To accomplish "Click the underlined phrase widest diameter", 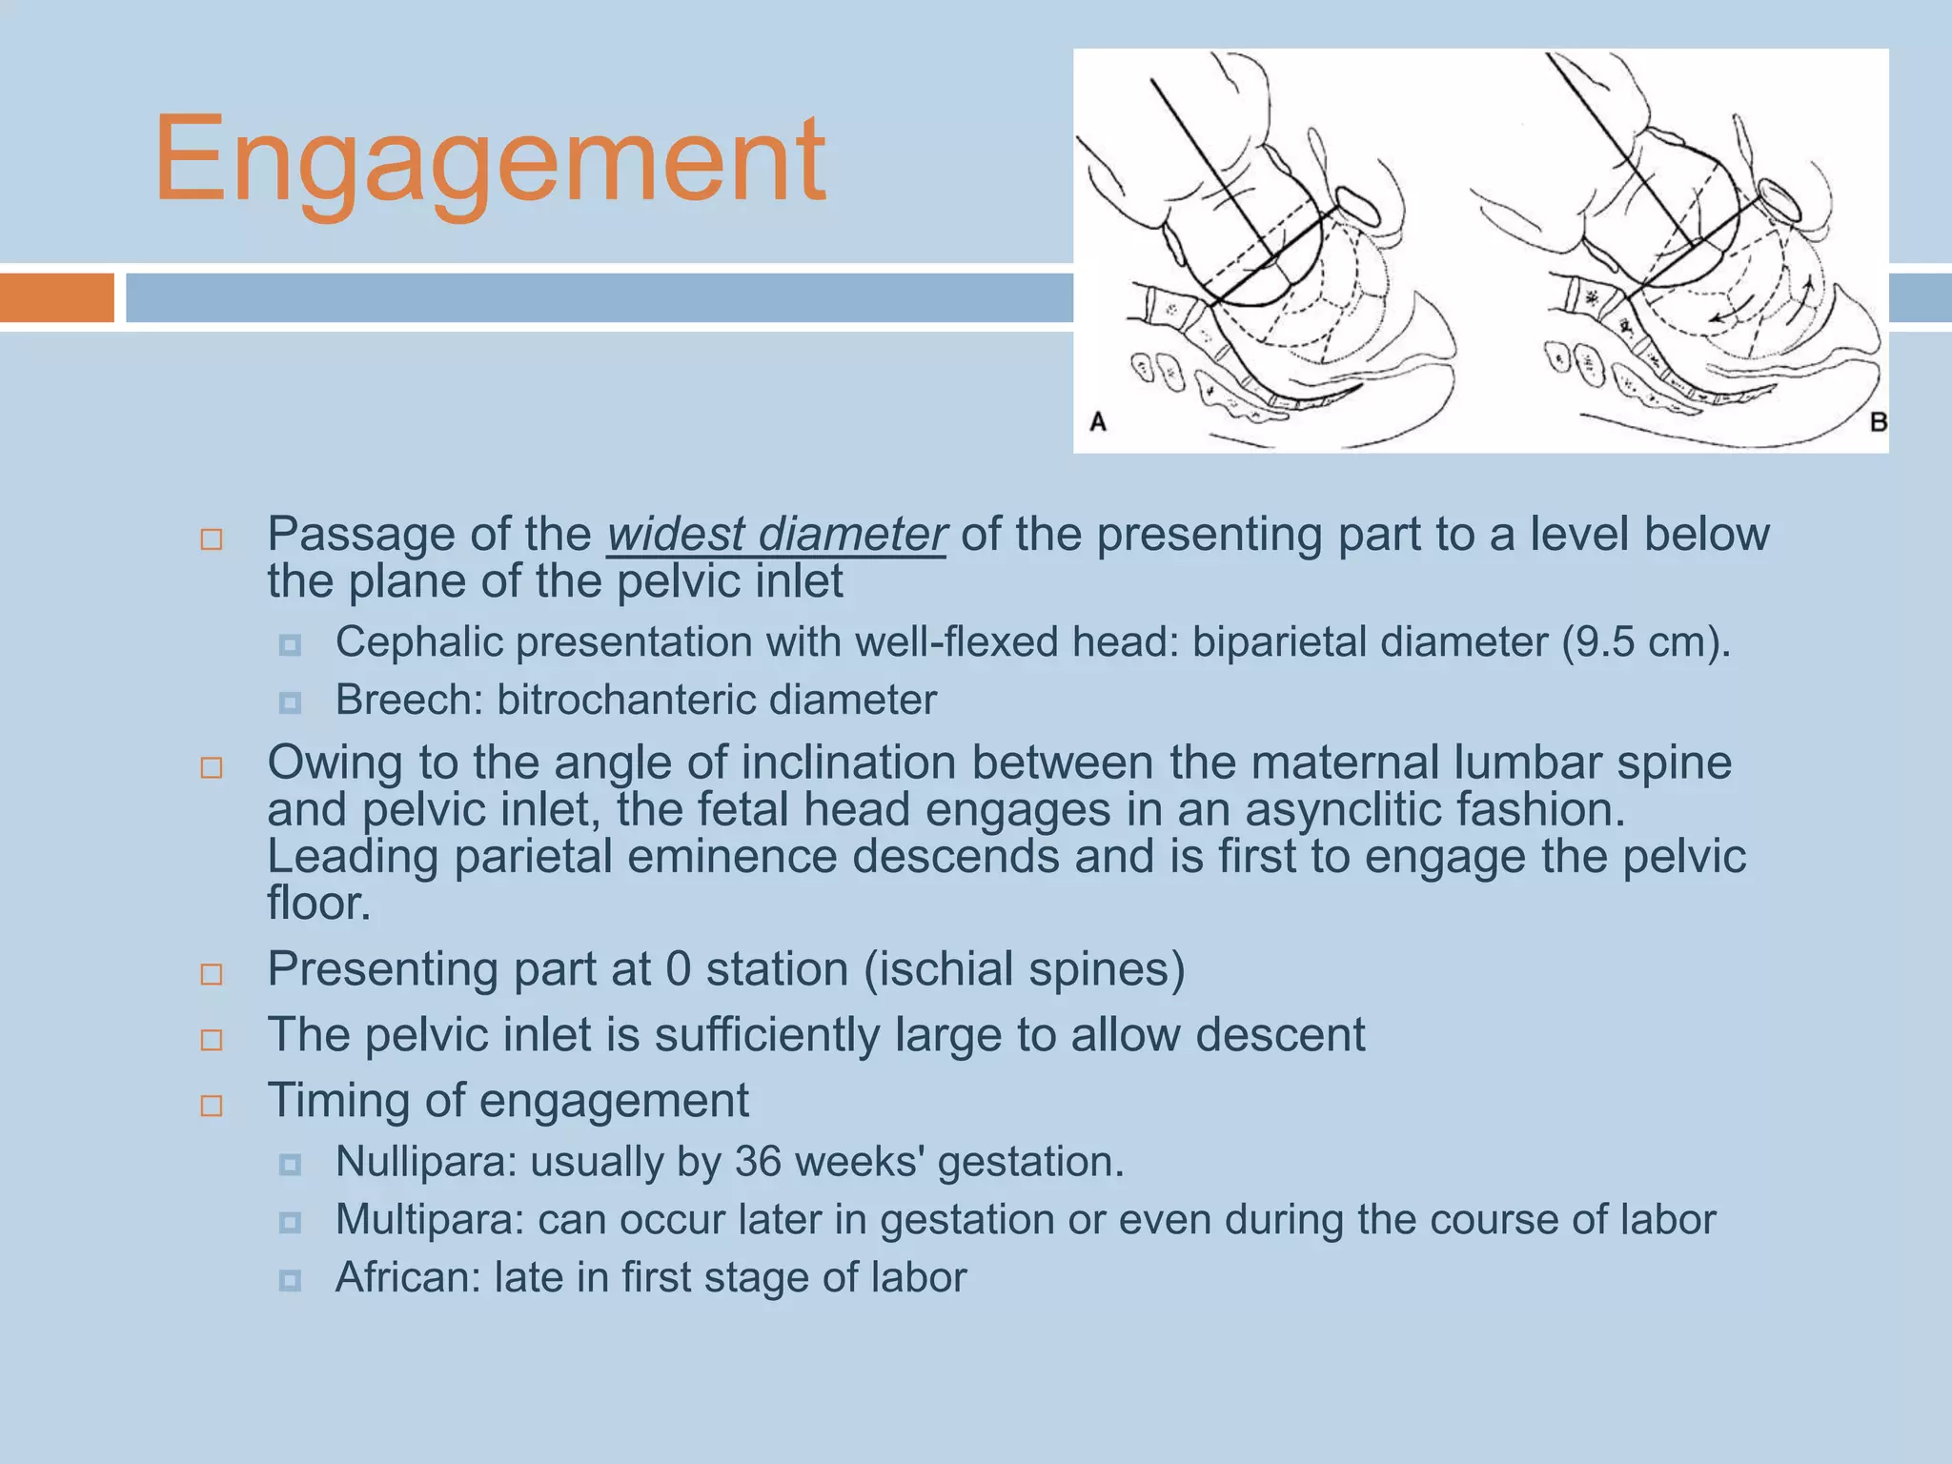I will [776, 535].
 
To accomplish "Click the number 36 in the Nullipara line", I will [758, 1162].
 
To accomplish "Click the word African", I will [408, 1278].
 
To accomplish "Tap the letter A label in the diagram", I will [1098, 421].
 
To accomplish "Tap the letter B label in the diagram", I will [1879, 421].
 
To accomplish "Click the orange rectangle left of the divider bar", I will [57, 297].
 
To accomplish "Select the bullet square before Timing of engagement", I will [212, 1106].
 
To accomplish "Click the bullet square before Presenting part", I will [212, 974].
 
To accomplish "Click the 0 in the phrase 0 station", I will [678, 969].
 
